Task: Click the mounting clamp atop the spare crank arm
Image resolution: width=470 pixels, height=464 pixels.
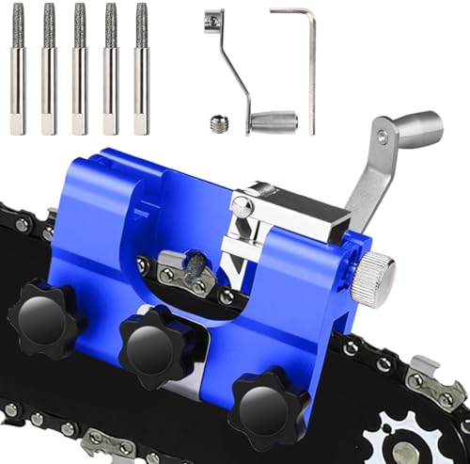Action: coord(215,20)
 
